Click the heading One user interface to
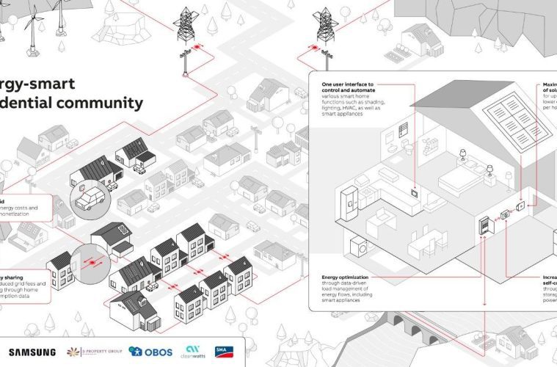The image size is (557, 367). pos(348,85)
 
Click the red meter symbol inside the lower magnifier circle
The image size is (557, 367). pos(92,259)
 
